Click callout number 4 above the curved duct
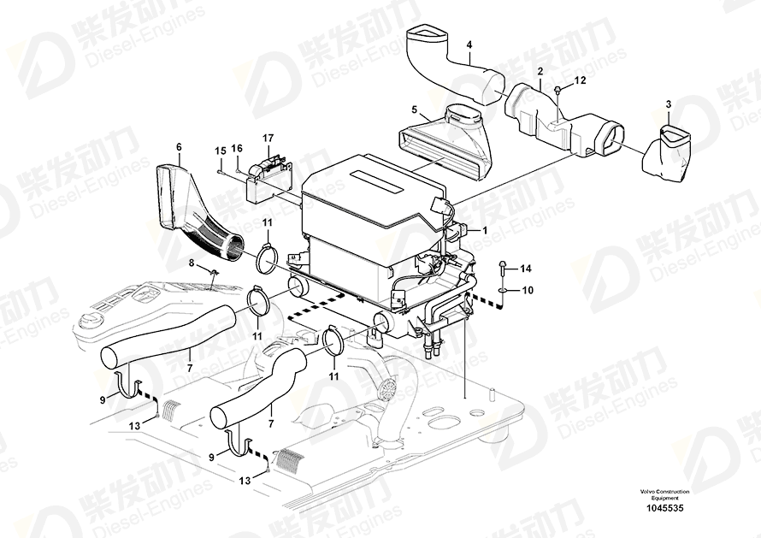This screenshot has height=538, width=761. [x=469, y=44]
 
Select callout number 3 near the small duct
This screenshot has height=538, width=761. [x=669, y=103]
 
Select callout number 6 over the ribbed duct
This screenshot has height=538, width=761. [x=179, y=147]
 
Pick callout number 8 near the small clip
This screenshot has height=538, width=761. [x=192, y=263]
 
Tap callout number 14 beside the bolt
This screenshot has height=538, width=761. [x=526, y=268]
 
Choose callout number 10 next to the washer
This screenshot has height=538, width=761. [x=528, y=291]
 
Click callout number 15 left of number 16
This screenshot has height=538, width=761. [x=219, y=150]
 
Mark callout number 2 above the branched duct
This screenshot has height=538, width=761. [x=540, y=74]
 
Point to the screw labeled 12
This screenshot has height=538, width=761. [x=557, y=89]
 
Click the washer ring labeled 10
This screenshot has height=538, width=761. [x=504, y=291]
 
